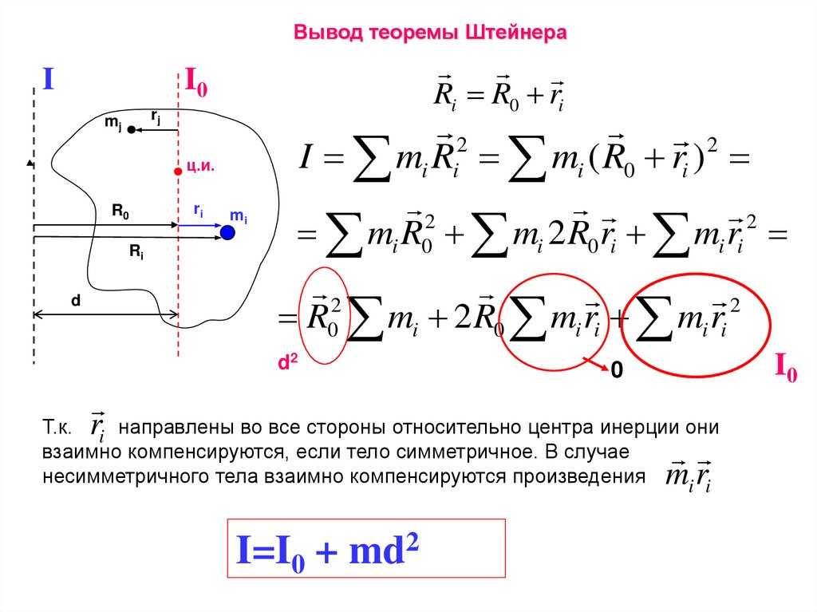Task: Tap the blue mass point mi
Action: pos(228,232)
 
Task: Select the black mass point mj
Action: pos(130,129)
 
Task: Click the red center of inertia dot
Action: pos(178,170)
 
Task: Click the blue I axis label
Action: pos(48,79)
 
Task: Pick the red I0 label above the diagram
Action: pos(196,81)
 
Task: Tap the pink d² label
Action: pos(287,363)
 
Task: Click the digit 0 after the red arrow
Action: pos(615,371)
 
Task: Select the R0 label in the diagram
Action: pos(120,212)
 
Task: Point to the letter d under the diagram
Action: pos(75,302)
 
